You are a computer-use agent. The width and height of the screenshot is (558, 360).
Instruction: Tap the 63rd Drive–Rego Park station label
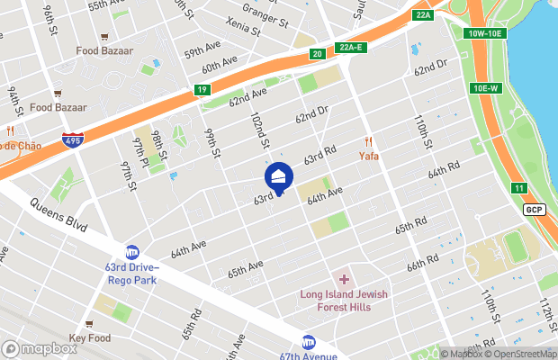coord(132,273)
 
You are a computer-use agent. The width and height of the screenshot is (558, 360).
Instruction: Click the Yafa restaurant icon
coord(368,142)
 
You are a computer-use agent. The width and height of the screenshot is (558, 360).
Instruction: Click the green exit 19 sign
coord(202,89)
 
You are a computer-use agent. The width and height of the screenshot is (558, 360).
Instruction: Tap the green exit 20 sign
coord(318,54)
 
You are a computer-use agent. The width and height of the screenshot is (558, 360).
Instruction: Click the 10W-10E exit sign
coord(487,33)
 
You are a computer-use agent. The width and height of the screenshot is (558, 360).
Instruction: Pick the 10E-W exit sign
coord(484,87)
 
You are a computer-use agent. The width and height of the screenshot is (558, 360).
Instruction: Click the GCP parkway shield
coord(535,209)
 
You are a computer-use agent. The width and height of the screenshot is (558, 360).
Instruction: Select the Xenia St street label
coord(244,27)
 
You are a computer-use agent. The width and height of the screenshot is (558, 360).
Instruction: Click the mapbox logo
coord(40,348)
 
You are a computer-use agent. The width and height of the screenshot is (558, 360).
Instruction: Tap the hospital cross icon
coord(343,280)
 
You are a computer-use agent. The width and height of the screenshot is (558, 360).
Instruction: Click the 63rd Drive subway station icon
coord(132,251)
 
